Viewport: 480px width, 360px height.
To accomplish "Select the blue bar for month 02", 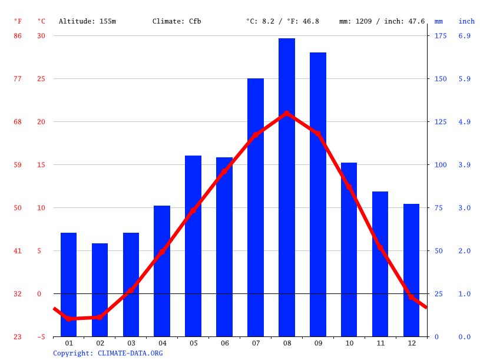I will pyautogui.click(x=100, y=290).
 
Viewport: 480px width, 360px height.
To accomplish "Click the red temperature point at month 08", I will pyautogui.click(x=287, y=113).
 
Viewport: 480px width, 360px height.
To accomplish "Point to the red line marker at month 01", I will pyautogui.click(x=69, y=318).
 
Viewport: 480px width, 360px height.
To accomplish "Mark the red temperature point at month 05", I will pyautogui.click(x=193, y=210).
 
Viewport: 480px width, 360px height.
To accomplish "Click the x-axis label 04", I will pyautogui.click(x=163, y=343).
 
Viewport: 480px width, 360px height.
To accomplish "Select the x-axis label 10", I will pyautogui.click(x=349, y=343).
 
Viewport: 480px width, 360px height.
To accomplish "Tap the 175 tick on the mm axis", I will pyautogui.click(x=441, y=36).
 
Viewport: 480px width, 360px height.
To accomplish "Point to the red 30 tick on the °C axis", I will pyautogui.click(x=41, y=36).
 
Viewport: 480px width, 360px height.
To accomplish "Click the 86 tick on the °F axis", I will pyautogui.click(x=18, y=36).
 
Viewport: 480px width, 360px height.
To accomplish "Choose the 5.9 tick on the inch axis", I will pyautogui.click(x=464, y=79).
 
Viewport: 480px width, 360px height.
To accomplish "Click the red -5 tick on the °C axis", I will pyautogui.click(x=41, y=337).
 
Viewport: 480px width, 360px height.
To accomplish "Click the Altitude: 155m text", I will pyautogui.click(x=87, y=21).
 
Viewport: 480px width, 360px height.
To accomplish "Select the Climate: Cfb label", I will pyautogui.click(x=177, y=21).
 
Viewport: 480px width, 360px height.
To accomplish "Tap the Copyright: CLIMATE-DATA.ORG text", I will pyautogui.click(x=108, y=353).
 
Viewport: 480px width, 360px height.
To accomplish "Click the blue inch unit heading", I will pyautogui.click(x=466, y=21).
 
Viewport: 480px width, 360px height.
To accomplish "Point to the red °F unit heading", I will pyautogui.click(x=18, y=21).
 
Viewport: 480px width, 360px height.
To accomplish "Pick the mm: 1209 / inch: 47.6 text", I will pyautogui.click(x=382, y=21).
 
